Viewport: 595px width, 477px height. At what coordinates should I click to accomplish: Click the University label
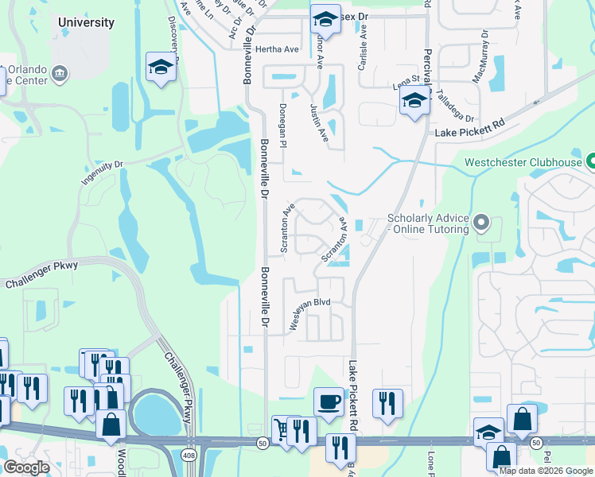tap(86, 22)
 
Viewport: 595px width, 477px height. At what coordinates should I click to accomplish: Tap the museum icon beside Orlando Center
tap(60, 75)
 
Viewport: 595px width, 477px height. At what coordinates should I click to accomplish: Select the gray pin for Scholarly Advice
tap(480, 223)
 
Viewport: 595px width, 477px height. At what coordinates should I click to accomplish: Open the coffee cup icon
tap(328, 401)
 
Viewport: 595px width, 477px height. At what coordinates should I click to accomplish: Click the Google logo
tap(26, 467)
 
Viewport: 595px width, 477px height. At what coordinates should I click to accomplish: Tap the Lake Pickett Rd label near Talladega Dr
tap(470, 125)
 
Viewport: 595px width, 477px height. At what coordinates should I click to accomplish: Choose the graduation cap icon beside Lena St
tap(414, 101)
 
